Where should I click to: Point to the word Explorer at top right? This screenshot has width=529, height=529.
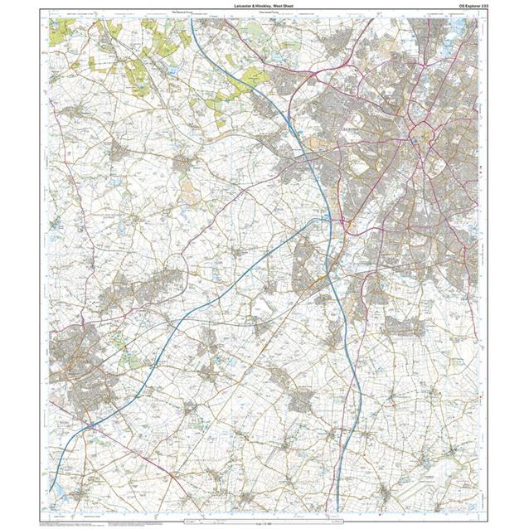coord(461,7)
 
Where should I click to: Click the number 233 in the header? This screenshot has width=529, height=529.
coord(476,7)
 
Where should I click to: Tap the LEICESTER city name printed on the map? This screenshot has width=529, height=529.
coord(352,130)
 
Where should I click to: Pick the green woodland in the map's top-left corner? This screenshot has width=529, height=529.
coord(60,32)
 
